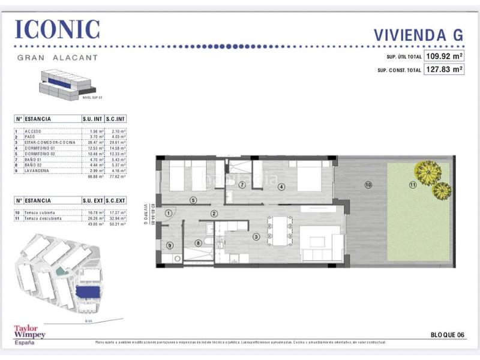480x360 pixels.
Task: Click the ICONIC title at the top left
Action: [57, 29]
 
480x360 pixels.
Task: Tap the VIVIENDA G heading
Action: [418, 34]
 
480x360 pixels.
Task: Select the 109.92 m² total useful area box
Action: [444, 56]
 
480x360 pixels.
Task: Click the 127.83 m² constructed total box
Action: [444, 70]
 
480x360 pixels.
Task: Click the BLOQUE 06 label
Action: [447, 334]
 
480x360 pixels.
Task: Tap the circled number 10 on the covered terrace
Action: [368, 184]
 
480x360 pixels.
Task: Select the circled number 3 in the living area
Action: [256, 237]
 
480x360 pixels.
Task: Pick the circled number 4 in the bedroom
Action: [280, 186]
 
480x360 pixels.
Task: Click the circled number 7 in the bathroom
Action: [242, 185]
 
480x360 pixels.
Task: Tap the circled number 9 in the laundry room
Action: [170, 245]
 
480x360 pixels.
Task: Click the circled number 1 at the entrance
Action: [169, 212]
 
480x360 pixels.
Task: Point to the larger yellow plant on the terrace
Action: [428, 173]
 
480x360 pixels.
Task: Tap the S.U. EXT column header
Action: [93, 200]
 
